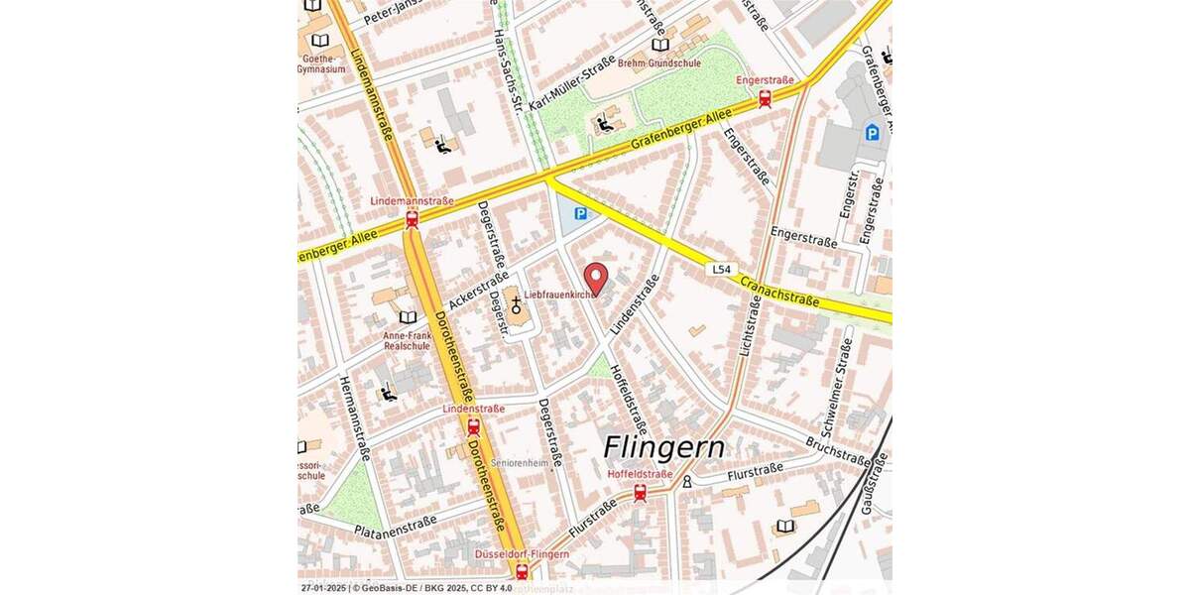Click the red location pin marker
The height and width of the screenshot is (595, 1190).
point(594,278)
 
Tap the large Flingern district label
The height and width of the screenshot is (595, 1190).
point(663,448)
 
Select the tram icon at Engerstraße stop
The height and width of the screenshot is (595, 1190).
point(765,98)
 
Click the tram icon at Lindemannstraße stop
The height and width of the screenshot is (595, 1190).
point(412,219)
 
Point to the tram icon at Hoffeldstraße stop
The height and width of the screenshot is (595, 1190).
point(640,492)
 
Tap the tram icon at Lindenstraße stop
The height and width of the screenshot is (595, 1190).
point(473,426)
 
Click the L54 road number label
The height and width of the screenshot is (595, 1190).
point(722,270)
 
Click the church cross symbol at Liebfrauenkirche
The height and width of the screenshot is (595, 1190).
point(516,304)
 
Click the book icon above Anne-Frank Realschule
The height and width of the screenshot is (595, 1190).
point(408,317)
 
